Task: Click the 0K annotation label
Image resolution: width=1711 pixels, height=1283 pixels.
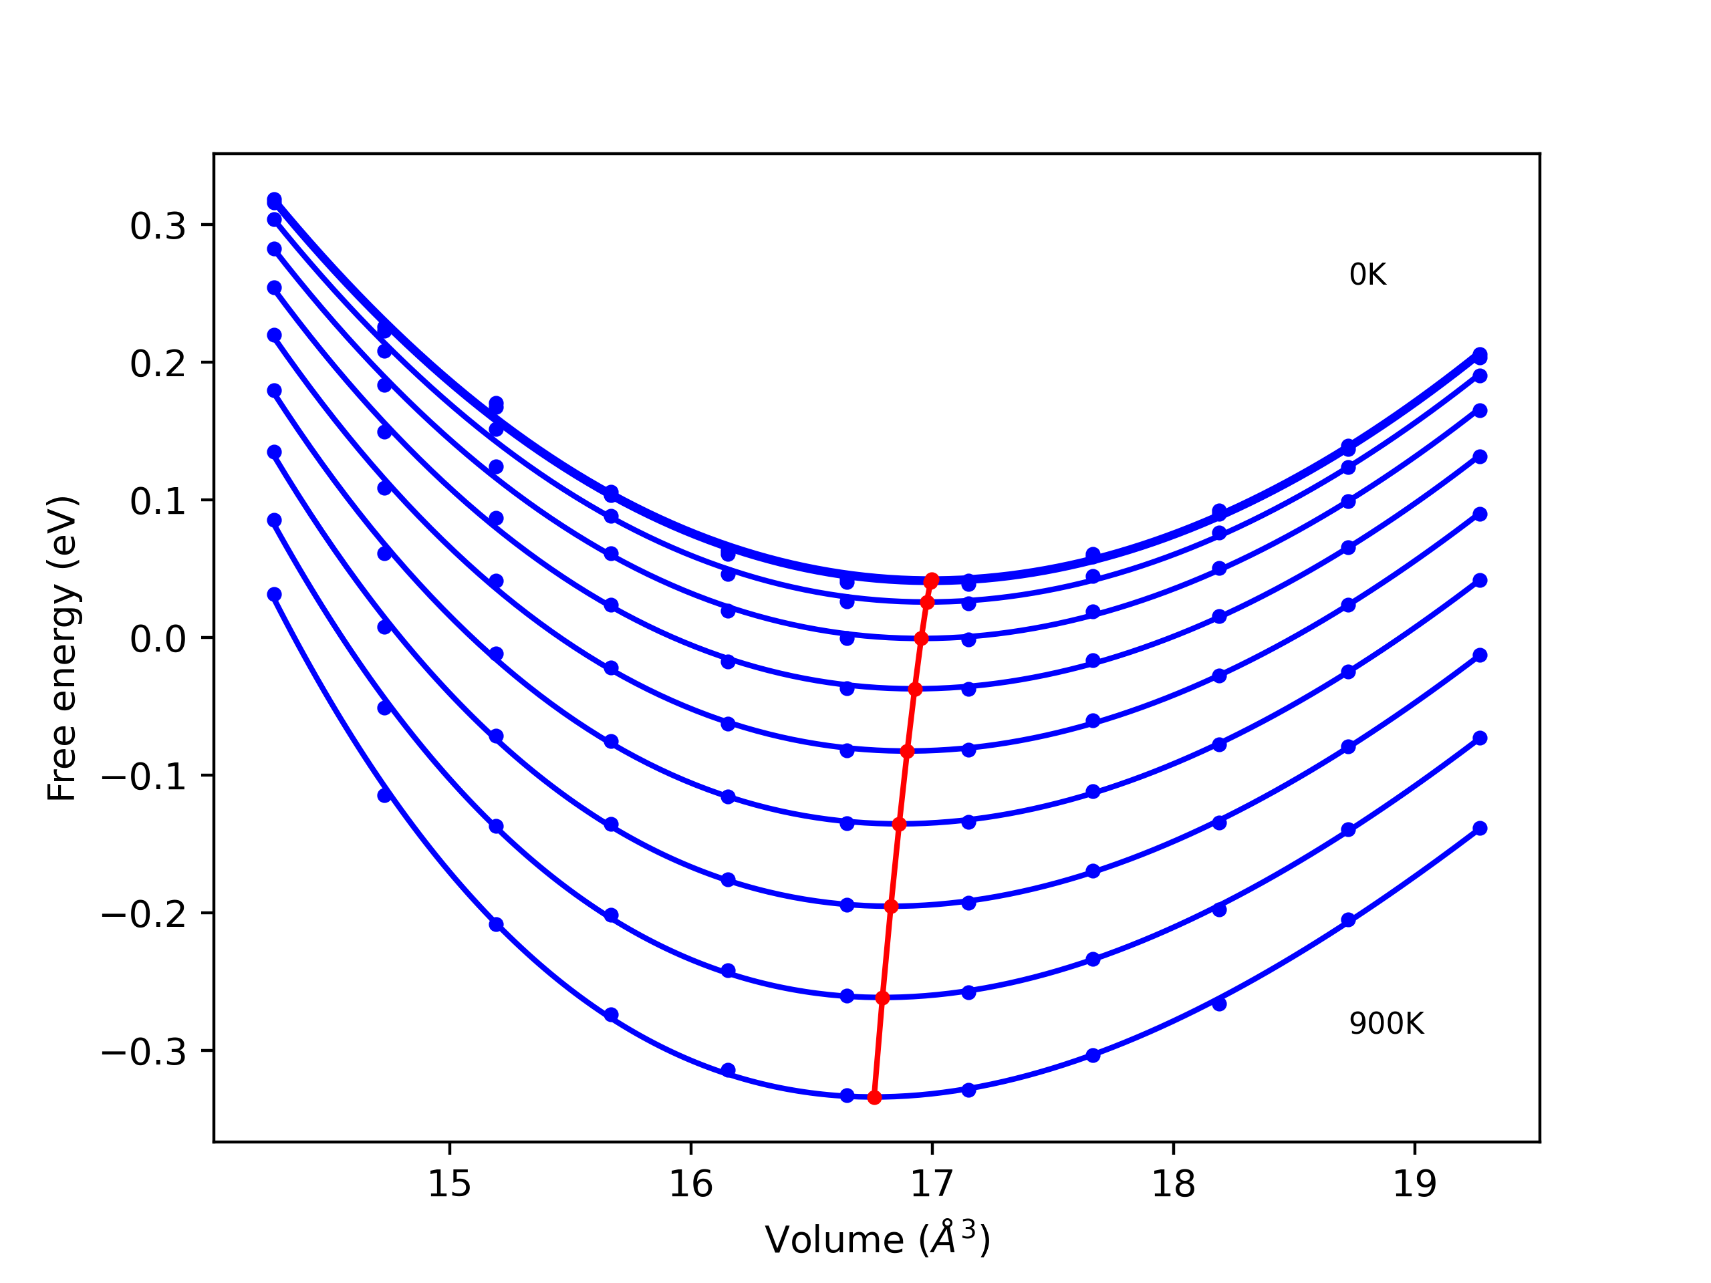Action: (x=1367, y=275)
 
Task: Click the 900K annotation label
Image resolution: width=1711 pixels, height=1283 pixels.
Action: (x=1386, y=1024)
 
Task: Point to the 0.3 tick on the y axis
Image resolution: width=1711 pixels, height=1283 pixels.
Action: (x=158, y=227)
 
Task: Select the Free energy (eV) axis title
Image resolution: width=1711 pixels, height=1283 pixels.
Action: (x=62, y=648)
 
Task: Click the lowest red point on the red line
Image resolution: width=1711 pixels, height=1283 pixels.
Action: (x=874, y=1097)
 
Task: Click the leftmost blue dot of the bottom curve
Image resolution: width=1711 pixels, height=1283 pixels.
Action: (x=274, y=595)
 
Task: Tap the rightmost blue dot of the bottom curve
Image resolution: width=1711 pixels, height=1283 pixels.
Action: (x=1480, y=828)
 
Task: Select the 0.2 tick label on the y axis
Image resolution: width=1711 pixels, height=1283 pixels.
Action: (x=158, y=364)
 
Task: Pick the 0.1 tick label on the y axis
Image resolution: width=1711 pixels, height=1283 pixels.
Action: (x=158, y=502)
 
